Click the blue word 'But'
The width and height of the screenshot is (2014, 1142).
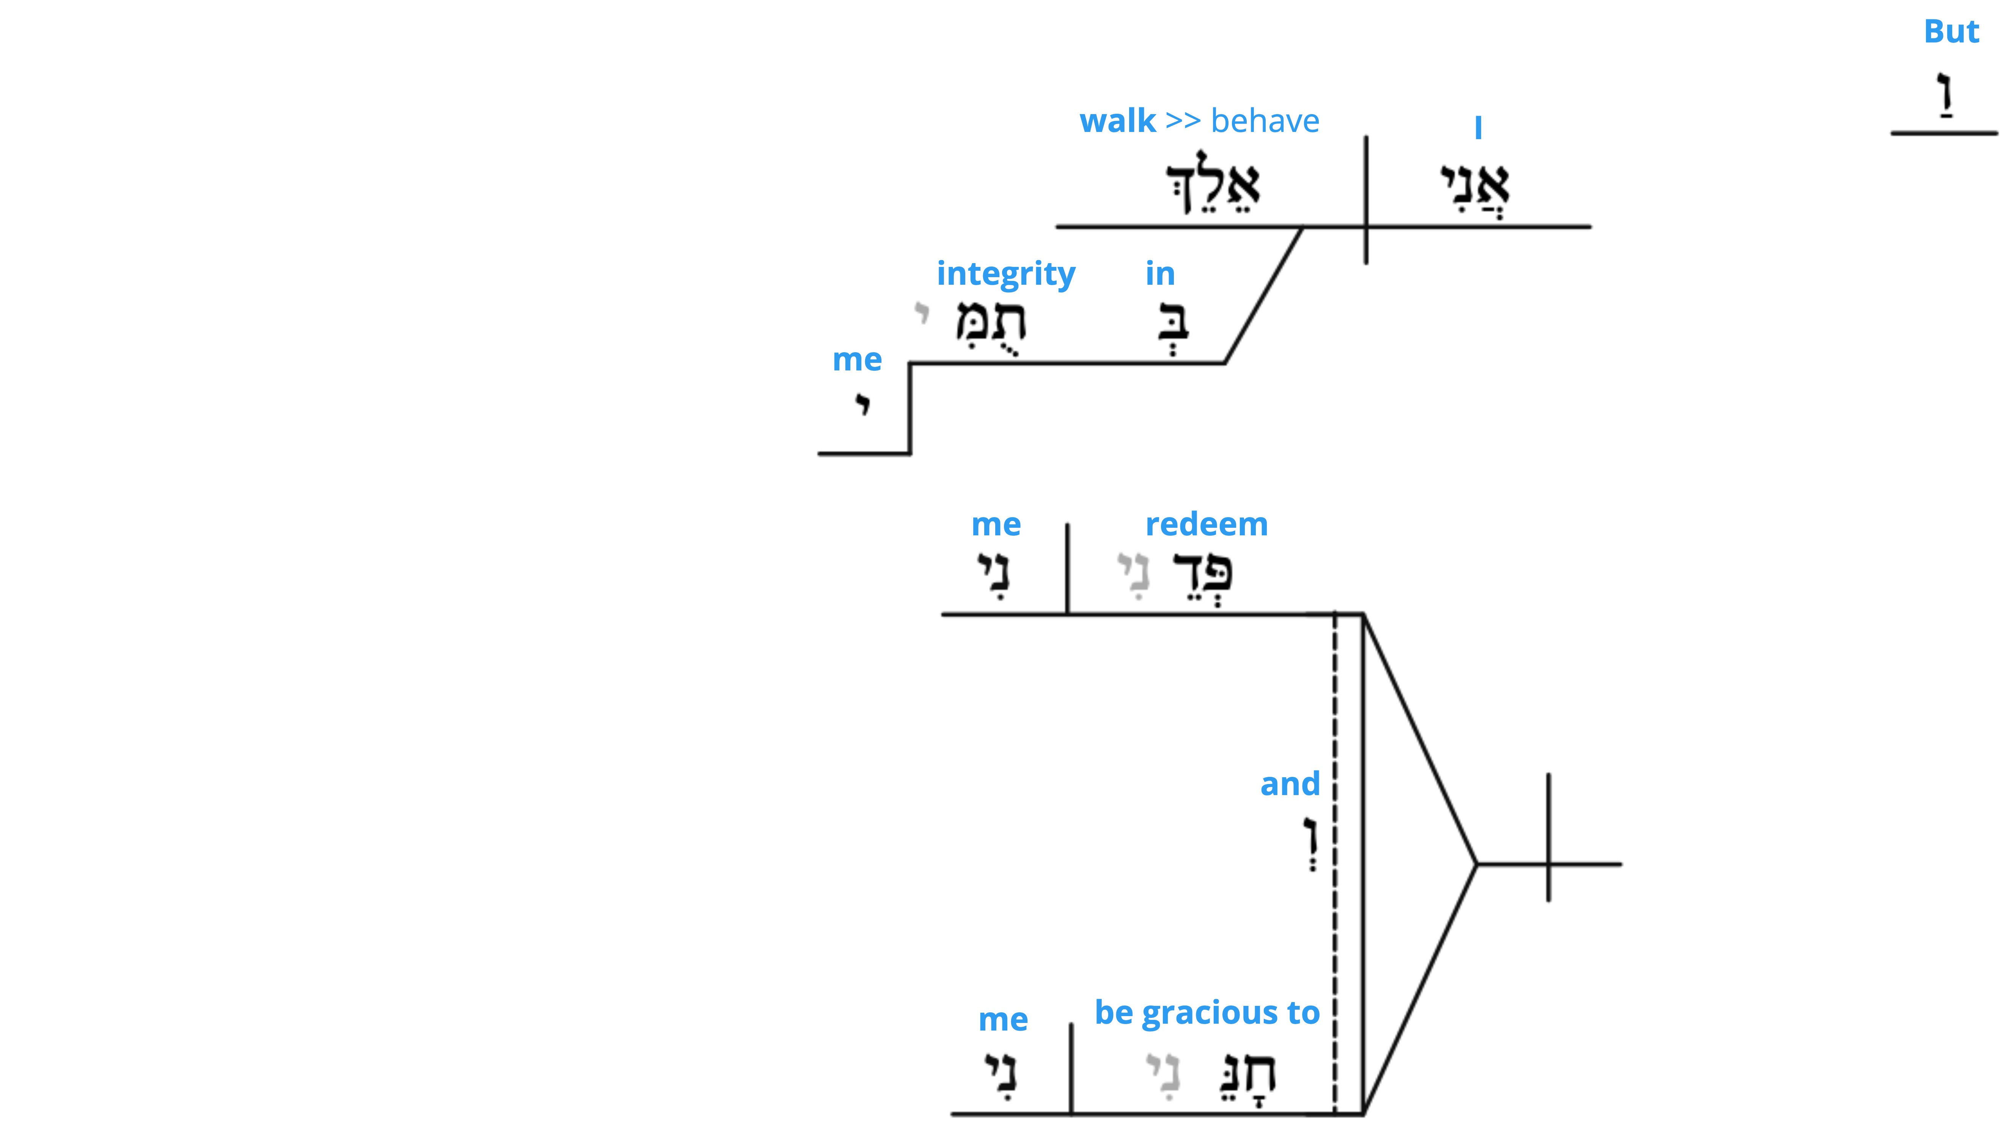click(1951, 31)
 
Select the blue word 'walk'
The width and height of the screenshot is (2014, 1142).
click(1117, 121)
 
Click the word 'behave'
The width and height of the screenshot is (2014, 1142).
click(1265, 121)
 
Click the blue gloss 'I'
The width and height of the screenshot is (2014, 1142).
click(1478, 127)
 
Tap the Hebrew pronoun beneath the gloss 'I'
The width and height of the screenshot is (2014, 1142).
click(1475, 188)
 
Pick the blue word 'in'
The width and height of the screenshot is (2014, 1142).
click(1159, 274)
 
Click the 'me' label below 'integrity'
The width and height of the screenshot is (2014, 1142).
click(857, 360)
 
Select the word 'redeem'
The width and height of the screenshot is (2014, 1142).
click(1207, 524)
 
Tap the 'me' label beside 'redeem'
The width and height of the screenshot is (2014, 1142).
click(996, 525)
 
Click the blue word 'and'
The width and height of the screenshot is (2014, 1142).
click(1290, 784)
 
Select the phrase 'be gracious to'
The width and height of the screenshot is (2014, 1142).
click(1207, 1013)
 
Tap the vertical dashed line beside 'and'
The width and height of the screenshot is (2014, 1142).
click(1335, 863)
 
